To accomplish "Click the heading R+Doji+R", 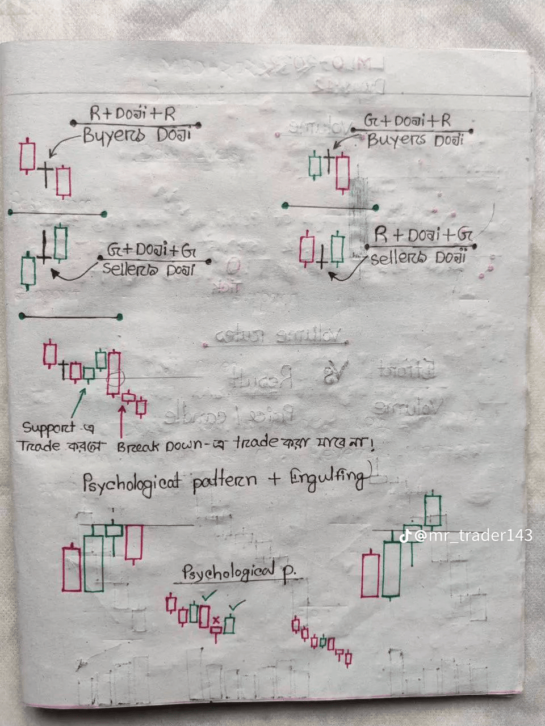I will (x=132, y=113).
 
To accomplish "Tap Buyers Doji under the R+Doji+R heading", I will (x=136, y=136).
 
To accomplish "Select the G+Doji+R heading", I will (x=407, y=121).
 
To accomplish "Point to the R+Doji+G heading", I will (x=424, y=234).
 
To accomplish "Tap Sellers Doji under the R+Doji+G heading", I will (x=418, y=258).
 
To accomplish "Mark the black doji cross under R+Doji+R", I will (x=45, y=168).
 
